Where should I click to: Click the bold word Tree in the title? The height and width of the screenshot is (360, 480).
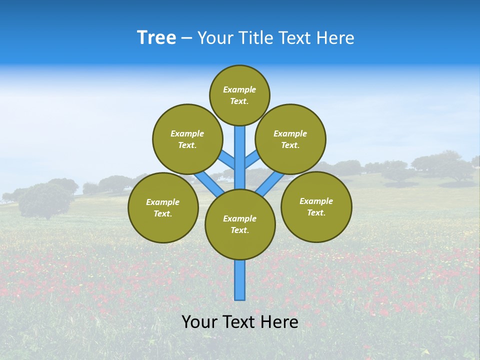[x=156, y=38]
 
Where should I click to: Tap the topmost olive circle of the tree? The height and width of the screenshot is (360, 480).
[x=239, y=95]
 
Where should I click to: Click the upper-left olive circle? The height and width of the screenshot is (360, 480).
[x=187, y=139]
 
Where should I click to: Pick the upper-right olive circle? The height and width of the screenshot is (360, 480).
[x=290, y=139]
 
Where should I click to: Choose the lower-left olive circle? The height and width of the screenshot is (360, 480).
[x=162, y=207]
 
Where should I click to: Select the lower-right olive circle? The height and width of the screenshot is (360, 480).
[x=316, y=206]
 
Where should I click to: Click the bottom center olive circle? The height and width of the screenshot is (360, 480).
[x=240, y=224]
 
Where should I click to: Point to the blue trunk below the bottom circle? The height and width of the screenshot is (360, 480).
[x=240, y=280]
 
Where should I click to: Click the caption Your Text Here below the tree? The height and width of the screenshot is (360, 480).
[x=240, y=322]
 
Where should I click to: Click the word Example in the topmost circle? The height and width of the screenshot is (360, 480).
[x=239, y=89]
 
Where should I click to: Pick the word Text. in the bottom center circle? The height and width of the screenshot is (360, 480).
[x=239, y=230]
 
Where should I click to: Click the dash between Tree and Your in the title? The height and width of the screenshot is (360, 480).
[x=186, y=38]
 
